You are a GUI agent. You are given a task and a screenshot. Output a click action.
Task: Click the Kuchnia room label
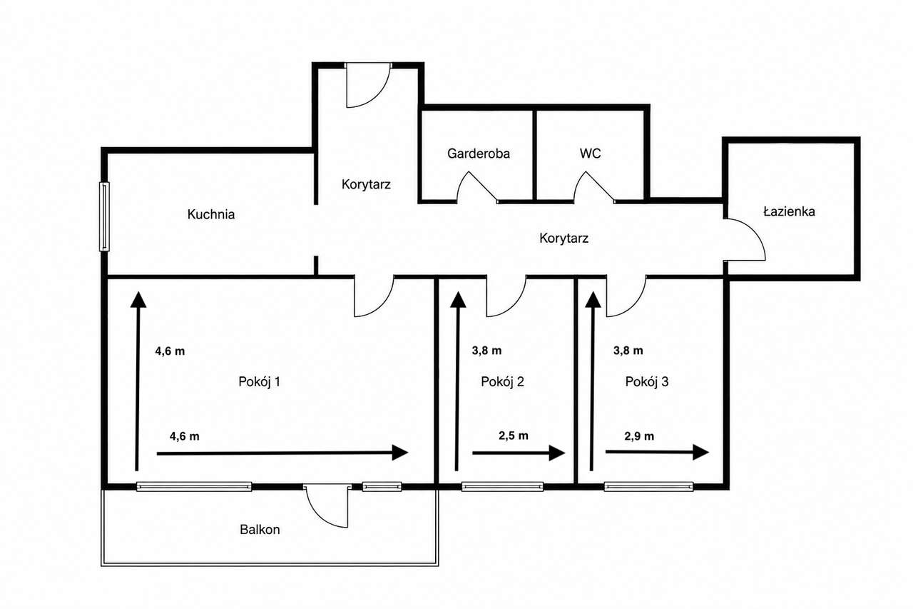(210, 214)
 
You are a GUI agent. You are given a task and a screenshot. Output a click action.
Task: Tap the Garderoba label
(479, 153)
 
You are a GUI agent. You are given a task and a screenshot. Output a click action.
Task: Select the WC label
(590, 153)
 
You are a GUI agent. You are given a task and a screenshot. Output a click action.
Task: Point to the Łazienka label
(789, 211)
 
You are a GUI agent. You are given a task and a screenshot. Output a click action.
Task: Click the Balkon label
(260, 530)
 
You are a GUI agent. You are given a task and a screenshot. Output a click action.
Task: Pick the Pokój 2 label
(502, 381)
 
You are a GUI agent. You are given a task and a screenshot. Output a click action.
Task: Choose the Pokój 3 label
(647, 381)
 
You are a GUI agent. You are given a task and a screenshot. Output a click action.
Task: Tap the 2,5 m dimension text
(514, 436)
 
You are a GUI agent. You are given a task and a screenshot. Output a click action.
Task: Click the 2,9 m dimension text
(639, 436)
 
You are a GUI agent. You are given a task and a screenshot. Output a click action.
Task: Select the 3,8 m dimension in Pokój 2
(486, 351)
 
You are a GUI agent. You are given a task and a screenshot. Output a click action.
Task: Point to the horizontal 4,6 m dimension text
(185, 436)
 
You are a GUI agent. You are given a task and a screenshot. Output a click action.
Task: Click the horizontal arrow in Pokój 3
(657, 452)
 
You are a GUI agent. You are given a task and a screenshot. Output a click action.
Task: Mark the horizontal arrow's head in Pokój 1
(400, 453)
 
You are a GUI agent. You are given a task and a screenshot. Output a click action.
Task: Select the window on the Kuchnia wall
(104, 216)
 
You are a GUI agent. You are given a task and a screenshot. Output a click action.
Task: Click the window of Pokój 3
(648, 487)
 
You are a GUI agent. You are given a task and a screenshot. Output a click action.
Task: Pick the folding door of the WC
(593, 186)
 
